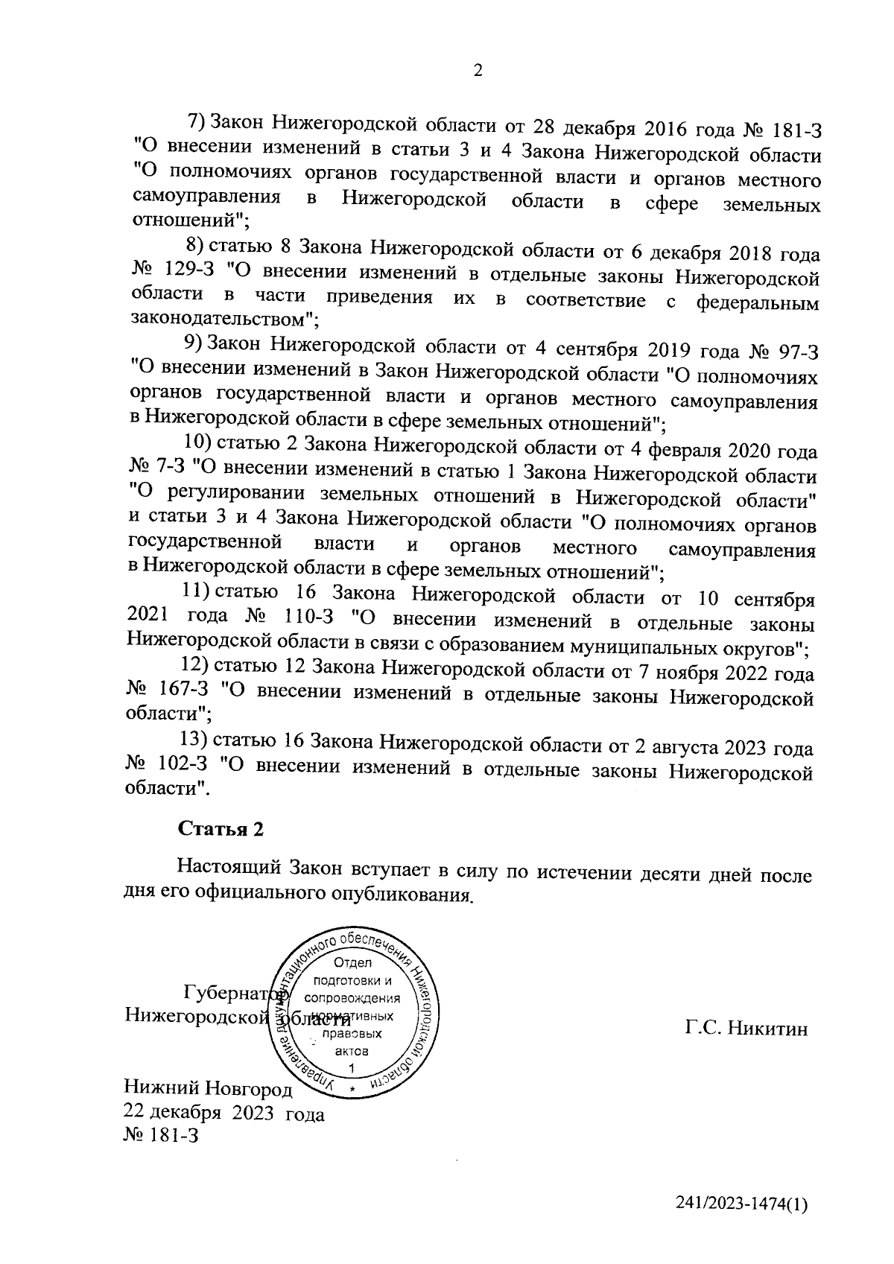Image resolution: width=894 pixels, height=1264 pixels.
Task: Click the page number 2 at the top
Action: click(478, 71)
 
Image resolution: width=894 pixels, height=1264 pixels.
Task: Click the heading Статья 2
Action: click(220, 829)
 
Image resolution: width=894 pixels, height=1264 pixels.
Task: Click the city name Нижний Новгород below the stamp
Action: click(209, 1090)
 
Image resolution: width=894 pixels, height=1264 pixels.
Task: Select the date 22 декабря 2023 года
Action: click(224, 1114)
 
